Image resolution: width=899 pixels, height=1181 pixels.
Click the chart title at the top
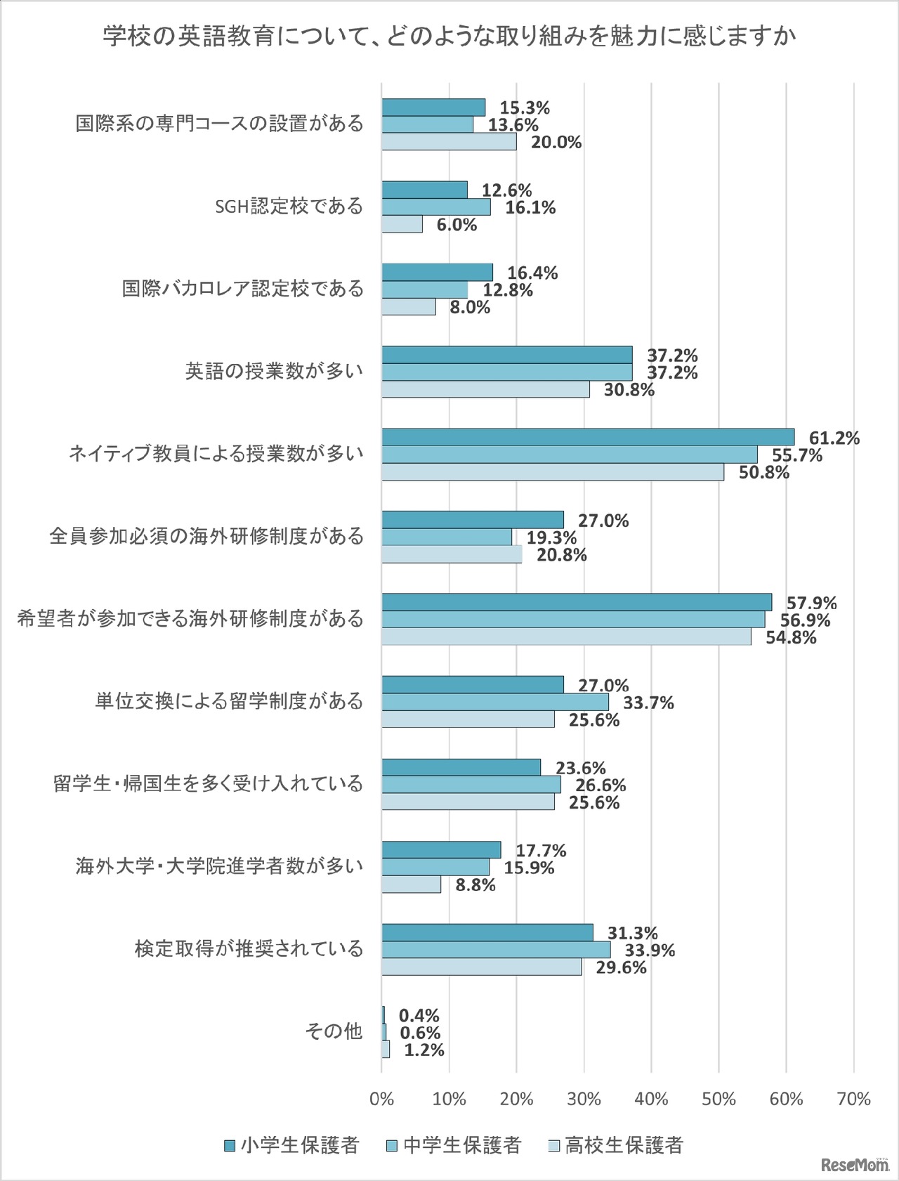click(449, 35)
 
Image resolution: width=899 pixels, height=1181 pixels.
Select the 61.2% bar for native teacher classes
click(588, 437)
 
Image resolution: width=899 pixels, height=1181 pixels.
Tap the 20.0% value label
click(556, 143)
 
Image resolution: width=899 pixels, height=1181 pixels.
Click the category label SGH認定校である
click(289, 207)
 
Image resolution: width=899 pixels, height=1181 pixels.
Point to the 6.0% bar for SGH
click(402, 224)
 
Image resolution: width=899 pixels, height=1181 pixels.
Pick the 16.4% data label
click(532, 273)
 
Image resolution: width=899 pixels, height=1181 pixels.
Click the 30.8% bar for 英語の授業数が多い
click(485, 389)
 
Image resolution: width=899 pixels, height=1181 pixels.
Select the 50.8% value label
click(763, 473)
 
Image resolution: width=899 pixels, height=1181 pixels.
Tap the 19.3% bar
click(447, 537)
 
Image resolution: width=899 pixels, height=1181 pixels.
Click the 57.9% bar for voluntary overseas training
click(577, 602)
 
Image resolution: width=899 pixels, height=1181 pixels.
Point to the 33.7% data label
click(648, 703)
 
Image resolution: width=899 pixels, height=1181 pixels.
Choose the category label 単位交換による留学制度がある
click(229, 701)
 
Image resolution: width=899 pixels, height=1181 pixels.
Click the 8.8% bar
click(412, 885)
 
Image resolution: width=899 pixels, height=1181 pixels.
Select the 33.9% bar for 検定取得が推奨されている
click(496, 950)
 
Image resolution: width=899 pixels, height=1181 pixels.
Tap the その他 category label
click(334, 1031)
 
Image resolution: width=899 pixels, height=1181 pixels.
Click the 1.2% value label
click(424, 1050)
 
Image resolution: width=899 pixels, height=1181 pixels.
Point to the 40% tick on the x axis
click(651, 1100)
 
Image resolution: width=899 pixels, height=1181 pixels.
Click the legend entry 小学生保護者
click(291, 1145)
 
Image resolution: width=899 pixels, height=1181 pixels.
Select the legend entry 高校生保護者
click(615, 1145)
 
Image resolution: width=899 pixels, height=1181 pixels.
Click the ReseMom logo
click(854, 1165)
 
